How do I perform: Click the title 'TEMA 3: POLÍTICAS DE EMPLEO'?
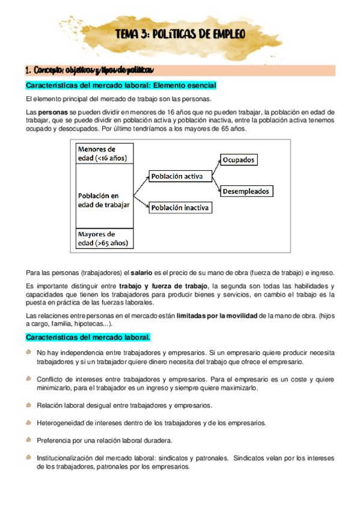[180, 35]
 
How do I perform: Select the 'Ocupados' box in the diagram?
[239, 160]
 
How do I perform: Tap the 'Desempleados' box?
[246, 191]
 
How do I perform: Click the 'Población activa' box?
[176, 176]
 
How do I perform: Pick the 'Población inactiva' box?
[180, 207]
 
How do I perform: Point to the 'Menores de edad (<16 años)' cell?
[103, 153]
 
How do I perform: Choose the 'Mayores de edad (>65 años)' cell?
[103, 239]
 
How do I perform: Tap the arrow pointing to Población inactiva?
[141, 200]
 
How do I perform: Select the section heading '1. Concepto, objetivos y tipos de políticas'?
[88, 69]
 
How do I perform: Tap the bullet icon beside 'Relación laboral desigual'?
[29, 405]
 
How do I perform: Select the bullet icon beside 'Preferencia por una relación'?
[29, 440]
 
